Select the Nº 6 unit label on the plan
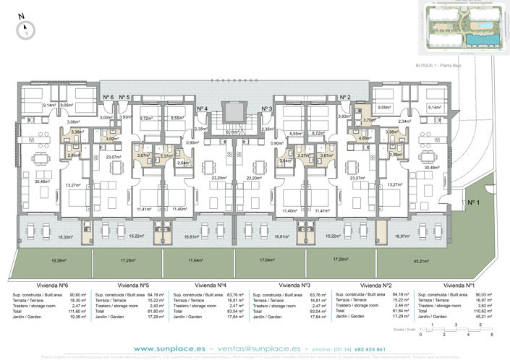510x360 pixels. tap(107, 97)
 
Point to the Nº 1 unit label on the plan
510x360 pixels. tap(473, 203)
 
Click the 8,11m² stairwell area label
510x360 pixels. tap(232, 132)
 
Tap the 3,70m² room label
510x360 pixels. tap(368, 120)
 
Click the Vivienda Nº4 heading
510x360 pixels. tap(211, 285)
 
